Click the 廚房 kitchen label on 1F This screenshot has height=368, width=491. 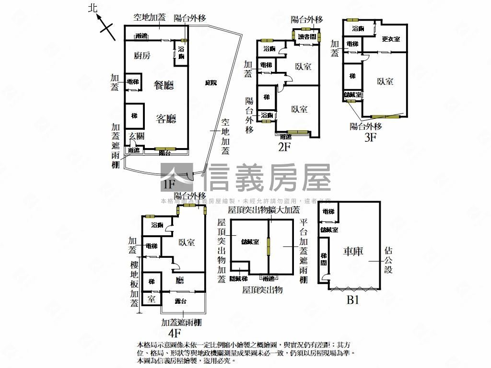coord(142,56)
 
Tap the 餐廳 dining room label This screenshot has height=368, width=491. coord(164,85)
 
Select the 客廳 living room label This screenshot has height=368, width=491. coord(166,119)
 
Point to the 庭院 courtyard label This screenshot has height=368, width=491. coord(210,83)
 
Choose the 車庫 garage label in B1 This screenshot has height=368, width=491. coord(353,251)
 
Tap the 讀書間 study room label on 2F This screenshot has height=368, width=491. coord(306,36)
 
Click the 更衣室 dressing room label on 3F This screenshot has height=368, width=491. coord(391,39)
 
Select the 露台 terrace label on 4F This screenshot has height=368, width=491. coord(181,301)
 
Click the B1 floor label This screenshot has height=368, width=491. coord(353,301)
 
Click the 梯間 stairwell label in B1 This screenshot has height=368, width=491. coord(324,260)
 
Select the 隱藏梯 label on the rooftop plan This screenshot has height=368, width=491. coord(238,278)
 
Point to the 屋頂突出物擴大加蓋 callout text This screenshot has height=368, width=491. coord(264,210)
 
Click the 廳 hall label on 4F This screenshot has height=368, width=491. coord(180,280)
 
